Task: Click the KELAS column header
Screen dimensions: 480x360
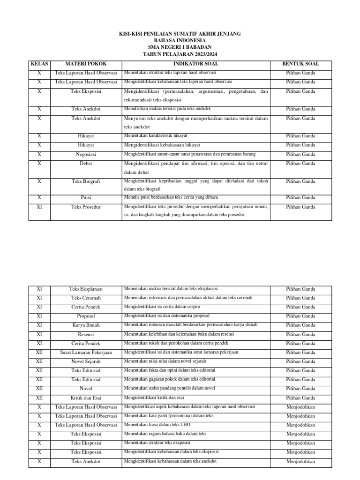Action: click(x=39, y=63)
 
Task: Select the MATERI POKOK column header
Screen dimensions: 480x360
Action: click(x=86, y=63)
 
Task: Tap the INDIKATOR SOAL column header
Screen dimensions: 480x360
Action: click(x=195, y=63)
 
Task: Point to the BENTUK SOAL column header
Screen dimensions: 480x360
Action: click(x=300, y=63)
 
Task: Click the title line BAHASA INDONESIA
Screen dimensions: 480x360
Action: click(x=180, y=41)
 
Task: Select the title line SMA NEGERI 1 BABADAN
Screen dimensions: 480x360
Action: click(x=180, y=47)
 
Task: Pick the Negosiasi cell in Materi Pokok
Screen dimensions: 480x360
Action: click(x=86, y=154)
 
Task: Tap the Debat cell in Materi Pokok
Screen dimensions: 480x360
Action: click(x=86, y=164)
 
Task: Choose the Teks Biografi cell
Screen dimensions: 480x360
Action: click(x=86, y=181)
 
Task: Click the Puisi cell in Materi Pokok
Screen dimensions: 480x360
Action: click(x=86, y=198)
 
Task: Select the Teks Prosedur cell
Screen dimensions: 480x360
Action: click(x=86, y=207)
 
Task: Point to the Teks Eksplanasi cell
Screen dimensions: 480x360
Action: click(x=86, y=289)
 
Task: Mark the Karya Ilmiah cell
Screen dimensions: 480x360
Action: click(x=86, y=325)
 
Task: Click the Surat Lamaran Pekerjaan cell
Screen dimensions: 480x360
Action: click(x=86, y=352)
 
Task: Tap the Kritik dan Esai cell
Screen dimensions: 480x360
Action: click(x=86, y=398)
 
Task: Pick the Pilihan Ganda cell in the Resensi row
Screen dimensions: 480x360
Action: click(x=300, y=334)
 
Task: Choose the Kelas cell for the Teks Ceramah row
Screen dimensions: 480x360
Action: click(x=39, y=298)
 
